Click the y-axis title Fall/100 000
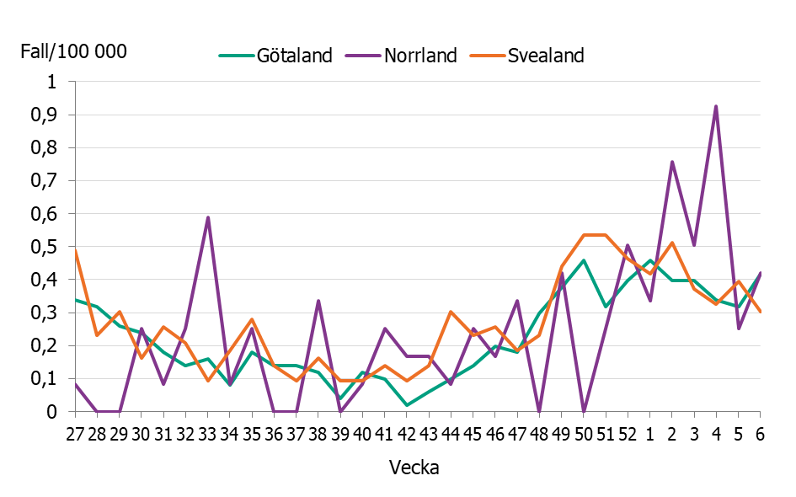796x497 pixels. click(74, 51)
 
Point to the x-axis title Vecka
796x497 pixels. click(413, 468)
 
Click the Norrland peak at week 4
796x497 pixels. click(716, 106)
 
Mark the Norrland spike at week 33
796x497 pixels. click(207, 217)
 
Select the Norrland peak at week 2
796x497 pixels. click(672, 162)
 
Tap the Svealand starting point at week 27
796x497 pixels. click(76, 251)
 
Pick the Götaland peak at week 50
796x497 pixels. click(584, 260)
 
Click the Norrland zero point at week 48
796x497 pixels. click(539, 411)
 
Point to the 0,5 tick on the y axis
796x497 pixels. click(54, 247)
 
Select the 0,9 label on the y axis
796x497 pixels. click(54, 115)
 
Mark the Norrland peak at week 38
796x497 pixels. click(318, 301)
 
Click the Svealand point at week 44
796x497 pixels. click(451, 312)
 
